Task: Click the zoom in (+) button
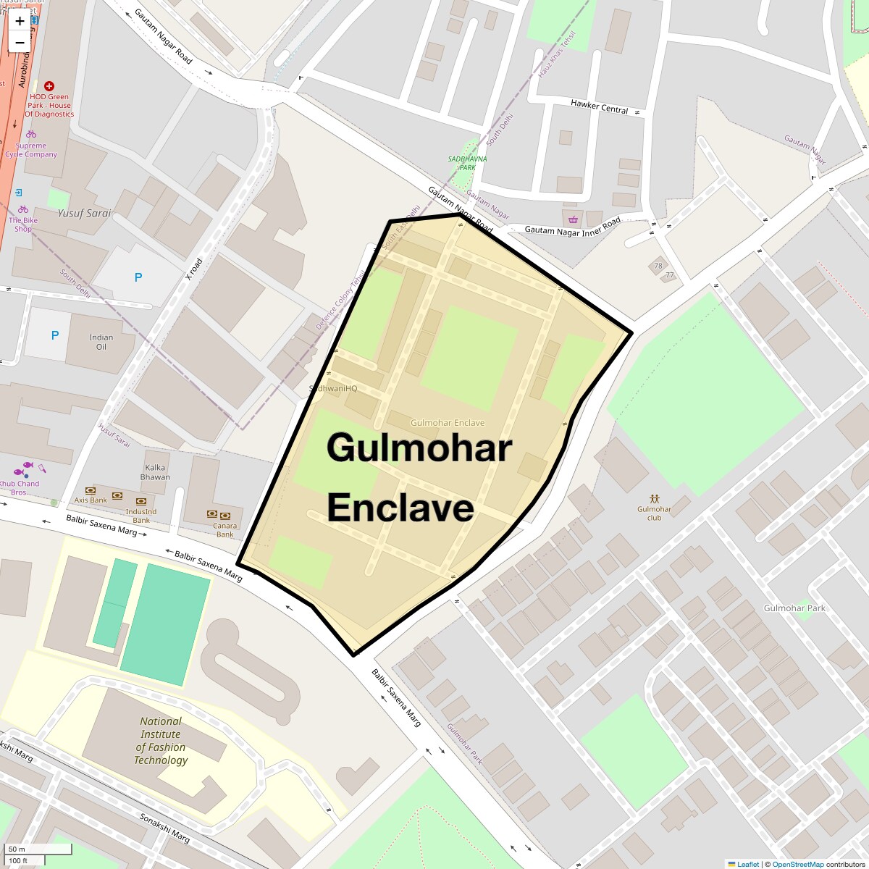pyautogui.click(x=20, y=21)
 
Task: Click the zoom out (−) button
pyautogui.click(x=20, y=43)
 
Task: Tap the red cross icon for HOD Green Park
pyautogui.click(x=49, y=86)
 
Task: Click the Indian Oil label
pyautogui.click(x=101, y=342)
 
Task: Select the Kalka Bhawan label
pyautogui.click(x=155, y=472)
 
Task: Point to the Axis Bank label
pyautogui.click(x=91, y=500)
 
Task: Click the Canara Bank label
pyautogui.click(x=224, y=530)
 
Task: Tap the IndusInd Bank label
pyautogui.click(x=141, y=516)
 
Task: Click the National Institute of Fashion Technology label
pyautogui.click(x=161, y=740)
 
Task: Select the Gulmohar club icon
pyautogui.click(x=655, y=498)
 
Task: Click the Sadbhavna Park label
pyautogui.click(x=467, y=163)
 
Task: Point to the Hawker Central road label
pyautogui.click(x=600, y=106)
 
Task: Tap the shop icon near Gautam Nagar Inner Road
pyautogui.click(x=574, y=219)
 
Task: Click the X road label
pyautogui.click(x=194, y=269)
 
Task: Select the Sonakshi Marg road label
pyautogui.click(x=164, y=827)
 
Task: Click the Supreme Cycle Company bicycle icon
pyautogui.click(x=31, y=134)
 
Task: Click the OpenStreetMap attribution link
pyautogui.click(x=797, y=864)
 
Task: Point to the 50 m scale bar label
pyautogui.click(x=17, y=849)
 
